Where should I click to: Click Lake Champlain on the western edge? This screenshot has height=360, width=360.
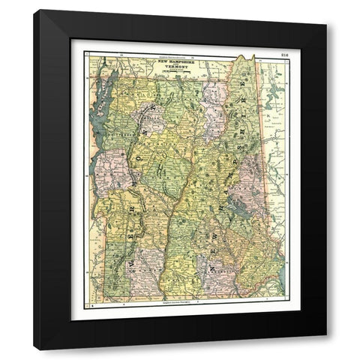tap(99, 112)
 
